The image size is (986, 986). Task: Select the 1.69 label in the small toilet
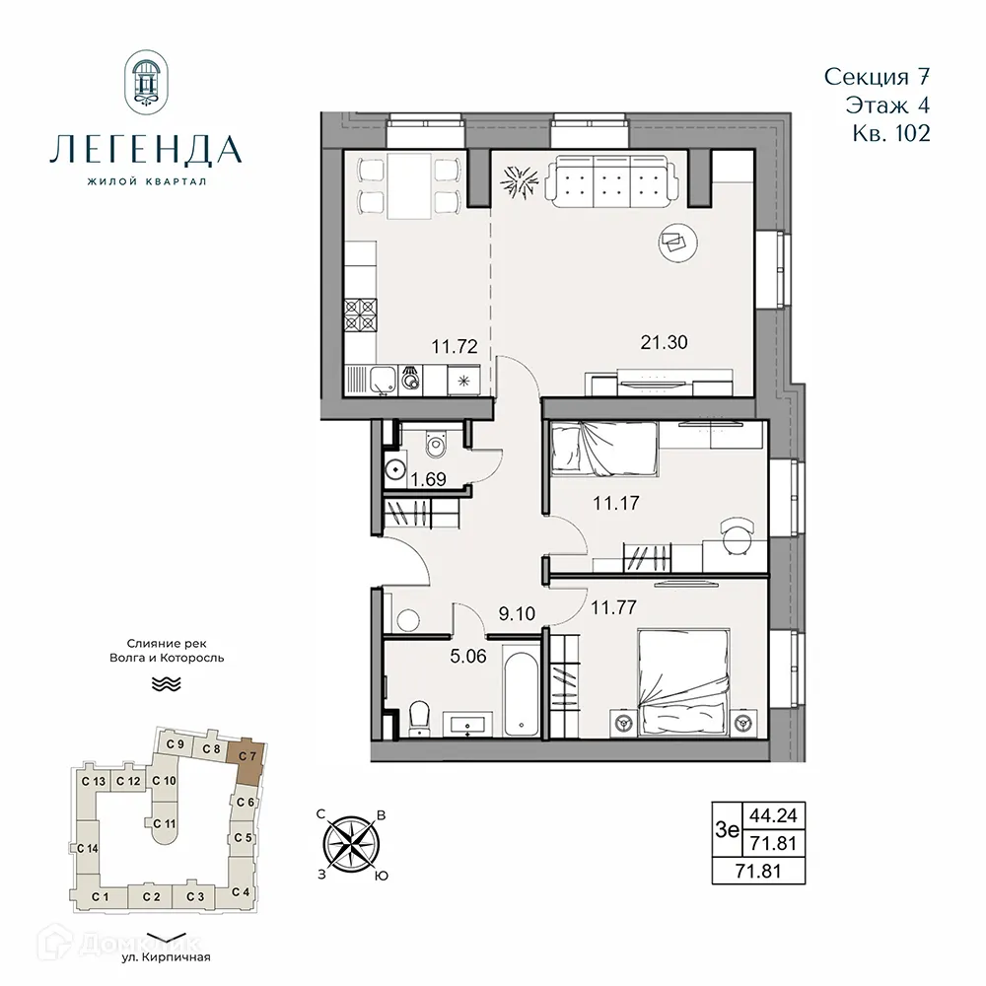coord(427,481)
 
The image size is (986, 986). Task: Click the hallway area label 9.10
coord(518,613)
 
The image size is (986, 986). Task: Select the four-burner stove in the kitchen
coord(361,317)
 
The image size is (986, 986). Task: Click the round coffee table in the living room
coord(679,240)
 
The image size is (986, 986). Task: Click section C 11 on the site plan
coord(164,823)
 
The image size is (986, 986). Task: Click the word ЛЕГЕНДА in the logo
coord(146,149)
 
